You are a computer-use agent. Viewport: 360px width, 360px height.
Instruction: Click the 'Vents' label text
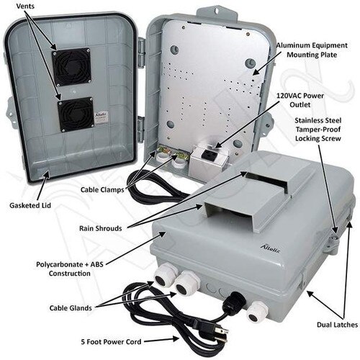coord(25,6)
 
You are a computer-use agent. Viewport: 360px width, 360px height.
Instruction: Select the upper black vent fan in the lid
coord(71,67)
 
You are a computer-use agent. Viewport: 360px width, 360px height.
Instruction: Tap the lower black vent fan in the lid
coord(76,114)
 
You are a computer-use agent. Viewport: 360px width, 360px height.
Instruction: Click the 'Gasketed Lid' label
coord(30,205)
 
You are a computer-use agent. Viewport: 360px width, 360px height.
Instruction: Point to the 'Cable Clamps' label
coord(102,189)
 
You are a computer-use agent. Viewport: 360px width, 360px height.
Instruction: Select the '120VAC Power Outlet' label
coord(300,100)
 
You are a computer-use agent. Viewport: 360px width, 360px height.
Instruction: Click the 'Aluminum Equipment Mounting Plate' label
coord(312,50)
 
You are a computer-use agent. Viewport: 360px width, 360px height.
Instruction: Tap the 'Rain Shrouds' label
coord(101,228)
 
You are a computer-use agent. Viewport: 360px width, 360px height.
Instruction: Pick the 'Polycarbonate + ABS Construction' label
coord(70,269)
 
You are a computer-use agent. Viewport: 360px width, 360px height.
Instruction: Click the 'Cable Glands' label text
coord(71,308)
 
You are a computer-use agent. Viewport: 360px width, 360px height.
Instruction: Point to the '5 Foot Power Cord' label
coord(111,341)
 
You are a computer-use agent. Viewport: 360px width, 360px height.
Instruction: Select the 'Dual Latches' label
coord(337,325)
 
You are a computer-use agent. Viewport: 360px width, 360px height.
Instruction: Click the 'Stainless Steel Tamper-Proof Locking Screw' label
coord(318,130)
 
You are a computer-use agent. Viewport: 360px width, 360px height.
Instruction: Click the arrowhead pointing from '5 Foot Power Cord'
coord(176,339)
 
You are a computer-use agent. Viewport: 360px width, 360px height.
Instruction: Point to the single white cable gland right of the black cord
coord(256,312)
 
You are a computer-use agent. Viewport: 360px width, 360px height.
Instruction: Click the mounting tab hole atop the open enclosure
coord(216,11)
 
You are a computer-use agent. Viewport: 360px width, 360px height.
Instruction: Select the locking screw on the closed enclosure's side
coord(334,238)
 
